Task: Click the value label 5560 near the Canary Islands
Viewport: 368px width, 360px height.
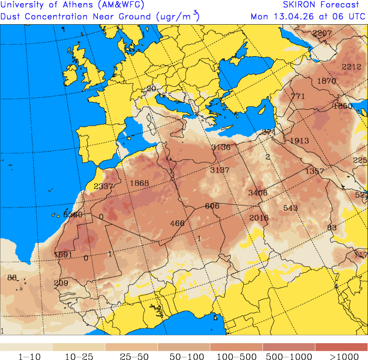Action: (73, 214)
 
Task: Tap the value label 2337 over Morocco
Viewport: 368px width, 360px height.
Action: (104, 186)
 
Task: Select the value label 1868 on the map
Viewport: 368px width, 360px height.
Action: (140, 183)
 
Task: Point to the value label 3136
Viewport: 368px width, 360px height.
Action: (221, 147)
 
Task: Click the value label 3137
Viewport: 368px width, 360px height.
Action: (220, 170)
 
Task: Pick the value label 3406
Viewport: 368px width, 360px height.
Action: (258, 193)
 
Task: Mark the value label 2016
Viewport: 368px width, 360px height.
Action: (259, 218)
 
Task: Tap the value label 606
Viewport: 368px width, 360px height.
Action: (212, 205)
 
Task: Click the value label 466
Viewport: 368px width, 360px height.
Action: (178, 223)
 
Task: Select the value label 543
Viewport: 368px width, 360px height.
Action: (291, 208)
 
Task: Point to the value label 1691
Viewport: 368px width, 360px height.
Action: (63, 255)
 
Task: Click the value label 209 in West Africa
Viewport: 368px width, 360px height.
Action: (61, 283)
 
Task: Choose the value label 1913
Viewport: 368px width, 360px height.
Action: (299, 140)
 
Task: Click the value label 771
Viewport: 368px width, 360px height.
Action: (298, 96)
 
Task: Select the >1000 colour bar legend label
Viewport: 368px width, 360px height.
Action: (341, 357)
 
